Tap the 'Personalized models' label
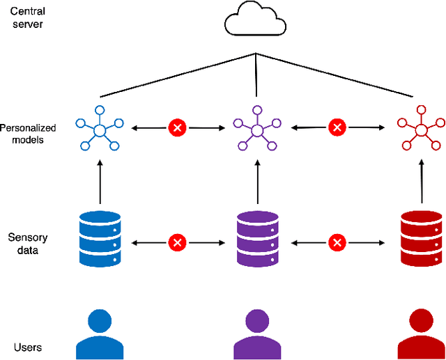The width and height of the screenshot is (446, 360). (x=28, y=134)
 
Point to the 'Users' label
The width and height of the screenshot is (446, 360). (x=27, y=347)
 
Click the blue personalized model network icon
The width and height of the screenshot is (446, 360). (x=100, y=128)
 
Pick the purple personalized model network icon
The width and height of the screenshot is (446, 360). (x=257, y=128)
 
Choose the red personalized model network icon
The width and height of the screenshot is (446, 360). (x=420, y=128)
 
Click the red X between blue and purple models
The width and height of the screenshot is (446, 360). (x=178, y=127)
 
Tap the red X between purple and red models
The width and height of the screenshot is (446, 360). (x=337, y=127)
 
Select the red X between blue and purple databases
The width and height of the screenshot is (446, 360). (x=178, y=242)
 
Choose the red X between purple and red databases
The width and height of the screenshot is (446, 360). (x=337, y=242)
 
